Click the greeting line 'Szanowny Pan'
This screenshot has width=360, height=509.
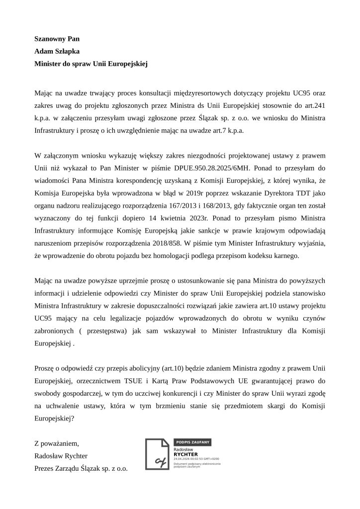click(57, 38)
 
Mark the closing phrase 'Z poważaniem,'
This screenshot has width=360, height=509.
click(57, 443)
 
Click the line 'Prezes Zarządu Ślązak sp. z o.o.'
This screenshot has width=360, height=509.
click(81, 468)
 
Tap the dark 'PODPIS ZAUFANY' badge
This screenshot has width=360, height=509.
click(193, 441)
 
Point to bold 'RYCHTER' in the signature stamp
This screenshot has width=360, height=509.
click(186, 454)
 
